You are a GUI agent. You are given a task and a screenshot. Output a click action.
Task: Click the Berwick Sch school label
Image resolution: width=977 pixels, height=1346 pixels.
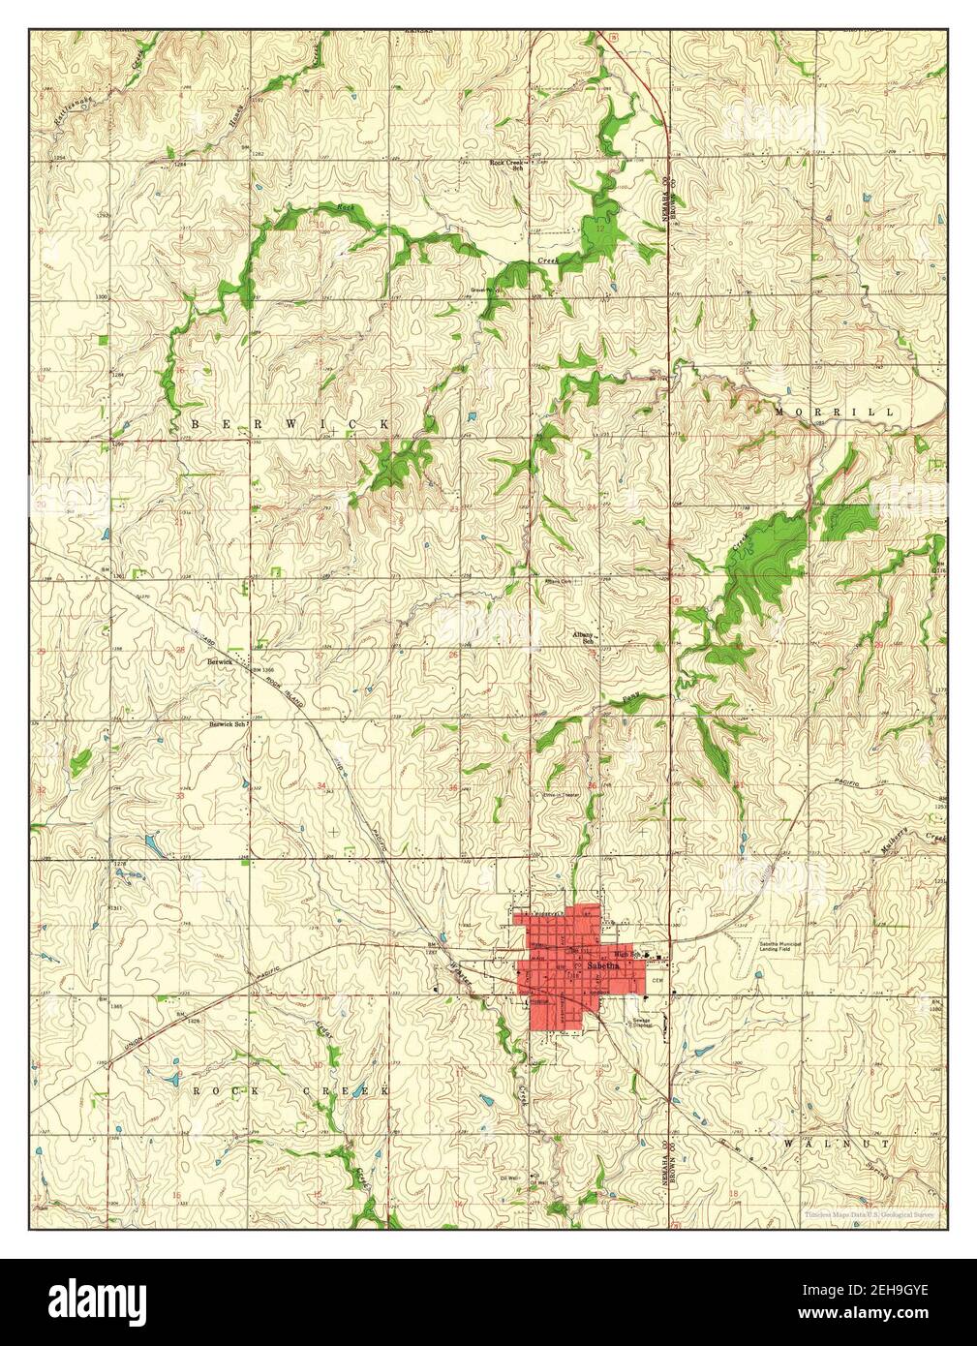(x=229, y=723)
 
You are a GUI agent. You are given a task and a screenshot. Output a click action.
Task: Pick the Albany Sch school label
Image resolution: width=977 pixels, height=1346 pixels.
(x=583, y=637)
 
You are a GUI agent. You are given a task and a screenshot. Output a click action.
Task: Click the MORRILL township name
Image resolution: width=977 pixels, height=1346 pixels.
(x=835, y=413)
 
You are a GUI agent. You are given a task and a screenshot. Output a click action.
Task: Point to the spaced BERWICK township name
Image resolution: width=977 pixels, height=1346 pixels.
(x=291, y=424)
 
